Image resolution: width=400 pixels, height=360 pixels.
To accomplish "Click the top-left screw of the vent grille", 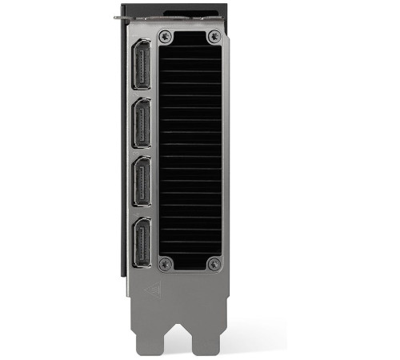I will pos(166,37).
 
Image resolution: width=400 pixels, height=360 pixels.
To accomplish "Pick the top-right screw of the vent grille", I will pos(214,37).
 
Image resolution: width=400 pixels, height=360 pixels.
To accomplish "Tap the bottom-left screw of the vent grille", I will pos(166,264).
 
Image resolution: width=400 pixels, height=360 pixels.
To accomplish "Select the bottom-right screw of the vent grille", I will pos(214,264).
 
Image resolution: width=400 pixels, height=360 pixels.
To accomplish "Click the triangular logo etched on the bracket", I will pos(151,290).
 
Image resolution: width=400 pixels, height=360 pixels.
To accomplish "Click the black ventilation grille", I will pos(190,152).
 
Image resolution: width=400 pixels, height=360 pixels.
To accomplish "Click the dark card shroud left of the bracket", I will pos(122,160).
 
